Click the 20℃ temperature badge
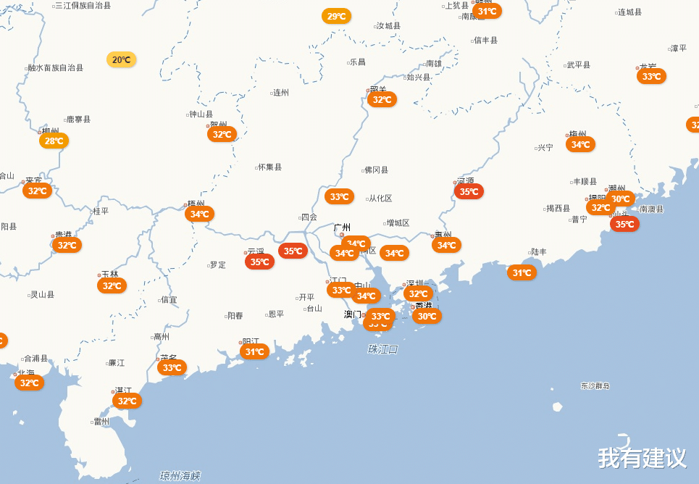(x=121, y=59)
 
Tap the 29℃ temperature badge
(x=336, y=16)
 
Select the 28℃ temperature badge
(x=54, y=141)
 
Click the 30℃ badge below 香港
(x=427, y=316)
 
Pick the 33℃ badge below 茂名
(x=172, y=367)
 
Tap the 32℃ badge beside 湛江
(x=127, y=401)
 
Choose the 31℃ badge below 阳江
(x=254, y=351)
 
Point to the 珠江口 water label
(x=382, y=349)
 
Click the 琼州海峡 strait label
(x=180, y=475)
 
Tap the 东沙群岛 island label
(x=595, y=386)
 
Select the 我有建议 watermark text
(x=642, y=458)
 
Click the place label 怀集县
(x=269, y=167)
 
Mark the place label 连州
(x=280, y=93)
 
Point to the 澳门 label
(x=352, y=314)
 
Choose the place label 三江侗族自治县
(x=83, y=5)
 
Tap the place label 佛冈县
(x=376, y=170)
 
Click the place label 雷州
(x=101, y=422)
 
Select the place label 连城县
(x=629, y=12)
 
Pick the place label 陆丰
(x=539, y=252)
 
